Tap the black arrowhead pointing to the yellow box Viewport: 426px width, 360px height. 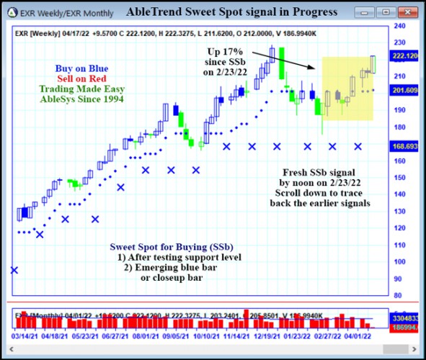pos(314,68)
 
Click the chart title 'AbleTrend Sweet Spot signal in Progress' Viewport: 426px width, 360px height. pos(231,12)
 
